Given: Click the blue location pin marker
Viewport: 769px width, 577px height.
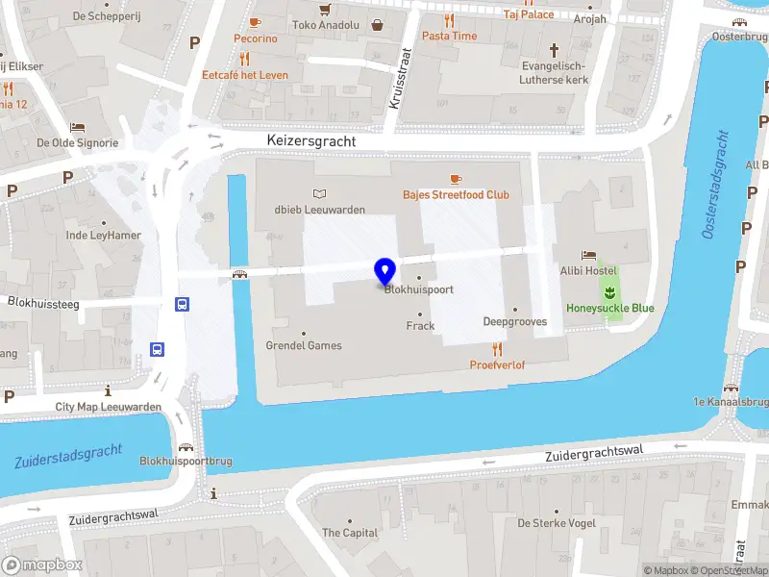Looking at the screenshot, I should point(385,270).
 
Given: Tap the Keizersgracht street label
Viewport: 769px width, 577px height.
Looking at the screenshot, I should point(310,141).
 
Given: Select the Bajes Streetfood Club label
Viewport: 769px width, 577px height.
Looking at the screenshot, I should point(456,194).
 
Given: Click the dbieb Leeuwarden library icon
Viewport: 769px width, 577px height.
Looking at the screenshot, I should point(320,194).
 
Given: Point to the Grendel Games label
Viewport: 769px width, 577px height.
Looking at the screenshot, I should point(304,345).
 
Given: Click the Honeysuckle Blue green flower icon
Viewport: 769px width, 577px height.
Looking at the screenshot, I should point(608,291).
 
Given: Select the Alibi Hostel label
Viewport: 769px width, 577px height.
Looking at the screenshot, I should point(588,271).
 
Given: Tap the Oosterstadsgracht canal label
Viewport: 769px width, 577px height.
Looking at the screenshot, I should point(715,185).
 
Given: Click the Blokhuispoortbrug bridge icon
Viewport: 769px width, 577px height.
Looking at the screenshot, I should point(185,447).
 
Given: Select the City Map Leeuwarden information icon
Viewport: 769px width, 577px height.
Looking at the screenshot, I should point(108,390).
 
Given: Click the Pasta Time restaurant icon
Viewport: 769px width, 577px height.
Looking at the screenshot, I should point(449,20).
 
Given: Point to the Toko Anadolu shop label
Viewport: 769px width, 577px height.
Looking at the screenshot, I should point(325,25).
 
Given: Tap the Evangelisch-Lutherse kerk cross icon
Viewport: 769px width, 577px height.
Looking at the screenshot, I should point(554,49).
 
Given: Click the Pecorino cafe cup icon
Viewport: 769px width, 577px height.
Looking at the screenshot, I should point(255,22).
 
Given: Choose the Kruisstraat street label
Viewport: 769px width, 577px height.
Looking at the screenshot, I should point(403,78).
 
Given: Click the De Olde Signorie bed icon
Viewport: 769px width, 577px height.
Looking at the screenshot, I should point(77,127).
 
